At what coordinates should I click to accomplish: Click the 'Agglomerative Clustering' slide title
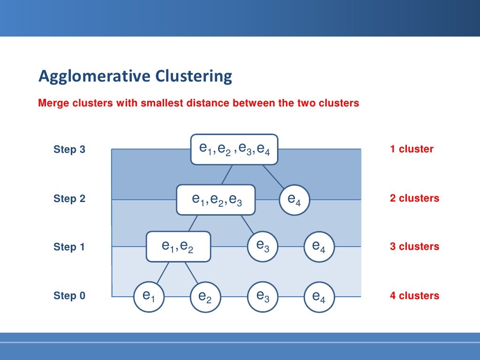(135, 76)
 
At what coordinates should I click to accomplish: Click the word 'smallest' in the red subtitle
(159, 103)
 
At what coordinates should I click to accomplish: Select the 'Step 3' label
(69, 150)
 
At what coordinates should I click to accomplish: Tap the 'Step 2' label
(69, 198)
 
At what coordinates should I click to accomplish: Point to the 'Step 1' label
(69, 247)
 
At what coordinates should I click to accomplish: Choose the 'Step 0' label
(69, 296)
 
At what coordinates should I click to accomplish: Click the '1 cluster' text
(412, 149)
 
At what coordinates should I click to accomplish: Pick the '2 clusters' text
(414, 198)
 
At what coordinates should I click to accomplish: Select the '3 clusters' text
(414, 247)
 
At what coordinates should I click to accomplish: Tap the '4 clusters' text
(414, 296)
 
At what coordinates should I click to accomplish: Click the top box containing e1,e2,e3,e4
(234, 149)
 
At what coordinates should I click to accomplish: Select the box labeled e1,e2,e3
(216, 200)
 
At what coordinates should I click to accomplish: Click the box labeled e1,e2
(178, 246)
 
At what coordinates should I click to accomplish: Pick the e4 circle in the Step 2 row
(294, 200)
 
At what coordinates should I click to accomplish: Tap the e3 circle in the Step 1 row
(262, 246)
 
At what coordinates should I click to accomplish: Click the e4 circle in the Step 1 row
(319, 247)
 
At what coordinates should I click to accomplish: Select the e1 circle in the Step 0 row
(149, 296)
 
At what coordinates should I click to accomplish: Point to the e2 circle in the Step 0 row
(205, 297)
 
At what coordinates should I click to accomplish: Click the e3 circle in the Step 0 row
(262, 296)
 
